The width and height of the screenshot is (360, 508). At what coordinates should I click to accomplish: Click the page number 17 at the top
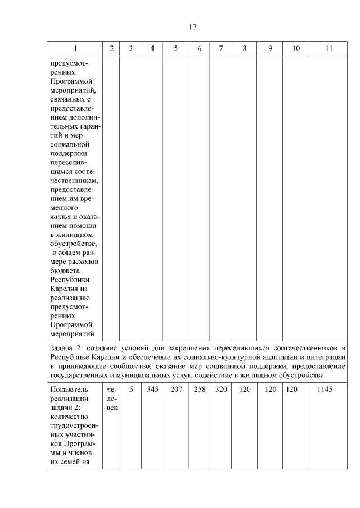point(192,26)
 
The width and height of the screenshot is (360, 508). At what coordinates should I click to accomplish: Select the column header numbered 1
point(75,48)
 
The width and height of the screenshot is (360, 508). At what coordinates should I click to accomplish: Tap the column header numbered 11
point(329,48)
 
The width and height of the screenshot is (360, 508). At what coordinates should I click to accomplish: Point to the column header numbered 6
point(200,48)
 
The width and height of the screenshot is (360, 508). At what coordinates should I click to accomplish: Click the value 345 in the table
point(152,388)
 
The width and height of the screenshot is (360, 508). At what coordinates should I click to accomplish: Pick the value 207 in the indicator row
point(176,388)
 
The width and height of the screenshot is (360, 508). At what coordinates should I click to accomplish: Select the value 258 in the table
point(200,388)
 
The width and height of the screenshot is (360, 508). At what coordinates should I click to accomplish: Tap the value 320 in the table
point(220,388)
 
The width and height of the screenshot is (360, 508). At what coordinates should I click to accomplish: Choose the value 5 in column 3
point(130,388)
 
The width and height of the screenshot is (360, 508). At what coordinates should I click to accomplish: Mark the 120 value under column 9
point(271,388)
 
